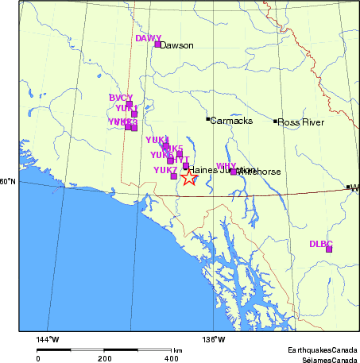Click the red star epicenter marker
(x=188, y=179)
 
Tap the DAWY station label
(x=148, y=38)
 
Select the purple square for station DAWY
(x=157, y=44)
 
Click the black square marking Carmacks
(x=208, y=120)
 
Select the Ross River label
(x=299, y=122)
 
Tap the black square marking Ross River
(x=276, y=122)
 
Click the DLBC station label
(x=320, y=244)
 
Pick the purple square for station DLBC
(x=329, y=249)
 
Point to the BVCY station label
(x=121, y=98)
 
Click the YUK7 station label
(x=165, y=170)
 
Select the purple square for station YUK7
(x=174, y=176)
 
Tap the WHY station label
(x=226, y=165)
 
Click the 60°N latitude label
(x=7, y=182)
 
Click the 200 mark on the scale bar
(x=105, y=359)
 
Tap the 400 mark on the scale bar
(x=171, y=359)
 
